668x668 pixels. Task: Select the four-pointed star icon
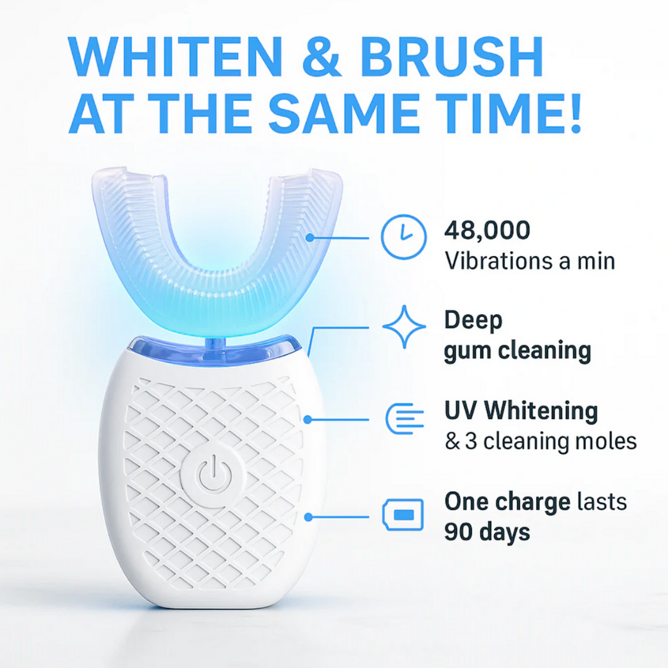[x=404, y=327]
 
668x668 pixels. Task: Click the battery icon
[x=404, y=515]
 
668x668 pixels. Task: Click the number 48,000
[x=487, y=231]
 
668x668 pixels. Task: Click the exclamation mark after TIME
[x=574, y=114]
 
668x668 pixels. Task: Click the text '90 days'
[x=487, y=531]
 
